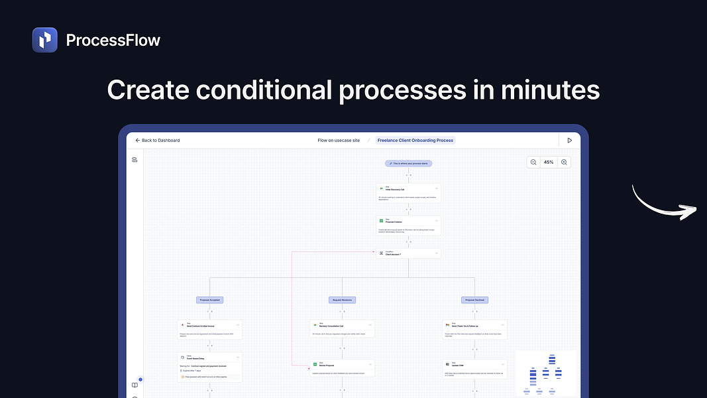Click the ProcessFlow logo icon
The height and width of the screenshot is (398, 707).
tap(45, 40)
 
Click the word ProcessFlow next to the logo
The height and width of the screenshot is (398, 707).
tap(113, 40)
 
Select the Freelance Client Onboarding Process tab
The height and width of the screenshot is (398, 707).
tap(415, 141)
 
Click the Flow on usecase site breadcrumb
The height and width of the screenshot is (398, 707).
tap(339, 141)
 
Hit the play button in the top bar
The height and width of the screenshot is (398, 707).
tap(569, 141)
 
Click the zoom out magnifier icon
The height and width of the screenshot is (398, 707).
tap(534, 162)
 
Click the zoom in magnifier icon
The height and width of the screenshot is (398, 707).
tap(564, 162)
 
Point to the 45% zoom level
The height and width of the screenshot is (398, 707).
tap(549, 162)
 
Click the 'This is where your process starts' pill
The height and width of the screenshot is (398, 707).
tap(408, 163)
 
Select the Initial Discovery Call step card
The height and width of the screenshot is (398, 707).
tap(408, 193)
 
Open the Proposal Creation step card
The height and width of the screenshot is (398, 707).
tap(408, 225)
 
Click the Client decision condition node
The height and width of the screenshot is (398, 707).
tap(408, 253)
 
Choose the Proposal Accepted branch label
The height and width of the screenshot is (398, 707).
tap(209, 300)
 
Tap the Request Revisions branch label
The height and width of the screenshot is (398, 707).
tap(343, 300)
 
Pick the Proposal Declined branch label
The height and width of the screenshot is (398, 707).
tap(475, 300)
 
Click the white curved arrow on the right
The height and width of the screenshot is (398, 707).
tap(663, 203)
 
